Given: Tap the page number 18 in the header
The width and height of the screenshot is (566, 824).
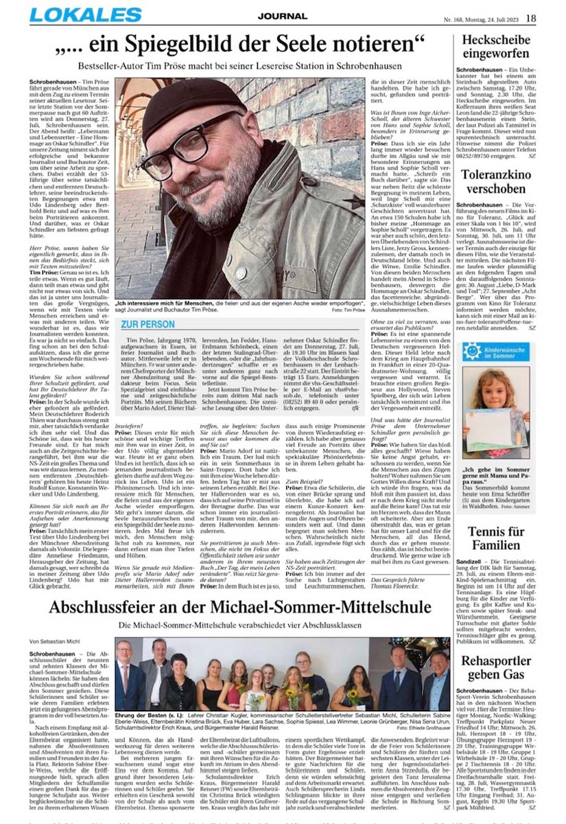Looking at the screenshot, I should click(532, 18).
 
